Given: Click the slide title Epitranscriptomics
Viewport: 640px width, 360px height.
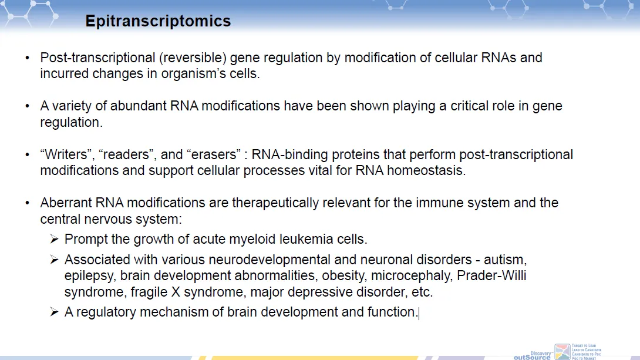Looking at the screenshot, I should [x=158, y=22].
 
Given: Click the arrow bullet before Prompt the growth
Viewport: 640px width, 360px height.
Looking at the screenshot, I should [x=54, y=240].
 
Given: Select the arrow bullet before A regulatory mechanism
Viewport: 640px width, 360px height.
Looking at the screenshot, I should [x=54, y=312].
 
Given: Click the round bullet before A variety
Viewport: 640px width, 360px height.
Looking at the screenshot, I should [x=27, y=106].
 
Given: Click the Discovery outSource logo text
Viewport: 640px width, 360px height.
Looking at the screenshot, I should [x=532, y=354].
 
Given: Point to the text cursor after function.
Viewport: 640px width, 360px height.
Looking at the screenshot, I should [x=419, y=313].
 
